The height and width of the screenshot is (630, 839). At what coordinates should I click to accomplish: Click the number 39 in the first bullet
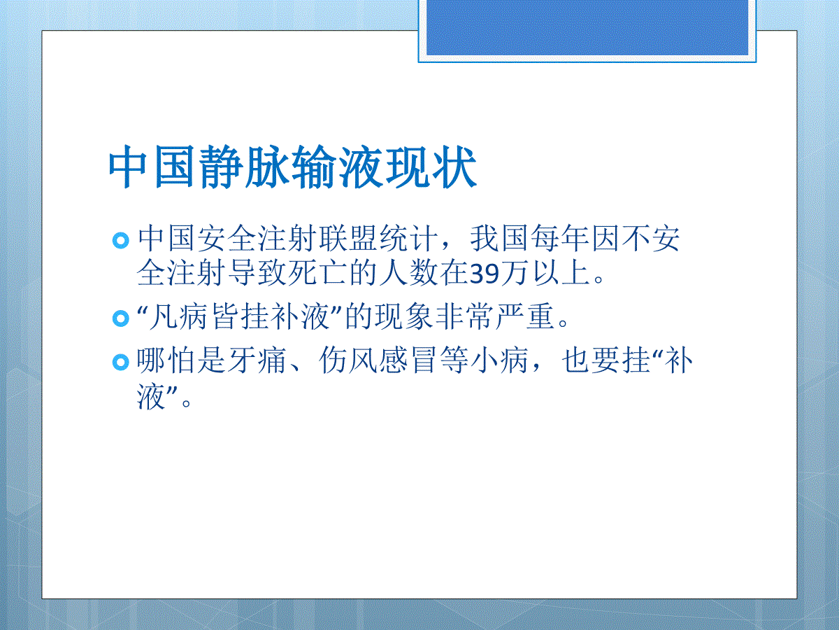pos(485,274)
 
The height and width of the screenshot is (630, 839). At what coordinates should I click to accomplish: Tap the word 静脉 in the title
pos(245,167)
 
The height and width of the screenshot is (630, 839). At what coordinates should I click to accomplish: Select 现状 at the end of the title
pos(431,167)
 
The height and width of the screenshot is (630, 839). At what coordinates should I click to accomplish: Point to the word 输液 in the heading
pos(338,167)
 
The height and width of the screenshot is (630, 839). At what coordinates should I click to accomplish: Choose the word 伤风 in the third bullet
pos(347,360)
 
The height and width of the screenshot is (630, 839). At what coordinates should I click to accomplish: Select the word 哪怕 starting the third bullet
pos(166,360)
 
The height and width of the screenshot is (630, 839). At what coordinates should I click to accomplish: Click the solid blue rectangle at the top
pos(587,27)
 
